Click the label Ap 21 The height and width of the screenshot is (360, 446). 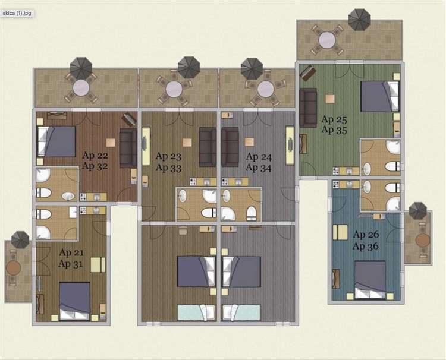coord(71,252)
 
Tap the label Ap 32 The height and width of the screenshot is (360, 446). coord(95,166)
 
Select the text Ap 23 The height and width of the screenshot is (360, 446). coord(168,157)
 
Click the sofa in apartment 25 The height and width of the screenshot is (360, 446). coord(308,108)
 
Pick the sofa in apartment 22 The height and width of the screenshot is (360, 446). coord(128,148)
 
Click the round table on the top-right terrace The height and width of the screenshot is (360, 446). coord(327,40)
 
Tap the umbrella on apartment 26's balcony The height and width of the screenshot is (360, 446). coord(418,210)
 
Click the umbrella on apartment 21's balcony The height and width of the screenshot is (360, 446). coord(20,239)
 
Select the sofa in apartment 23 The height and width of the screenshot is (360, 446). coord(208,147)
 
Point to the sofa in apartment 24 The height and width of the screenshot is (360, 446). coord(230,147)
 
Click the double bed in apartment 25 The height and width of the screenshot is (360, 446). coord(379,96)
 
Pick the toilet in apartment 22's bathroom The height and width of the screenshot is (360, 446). coord(43,191)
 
